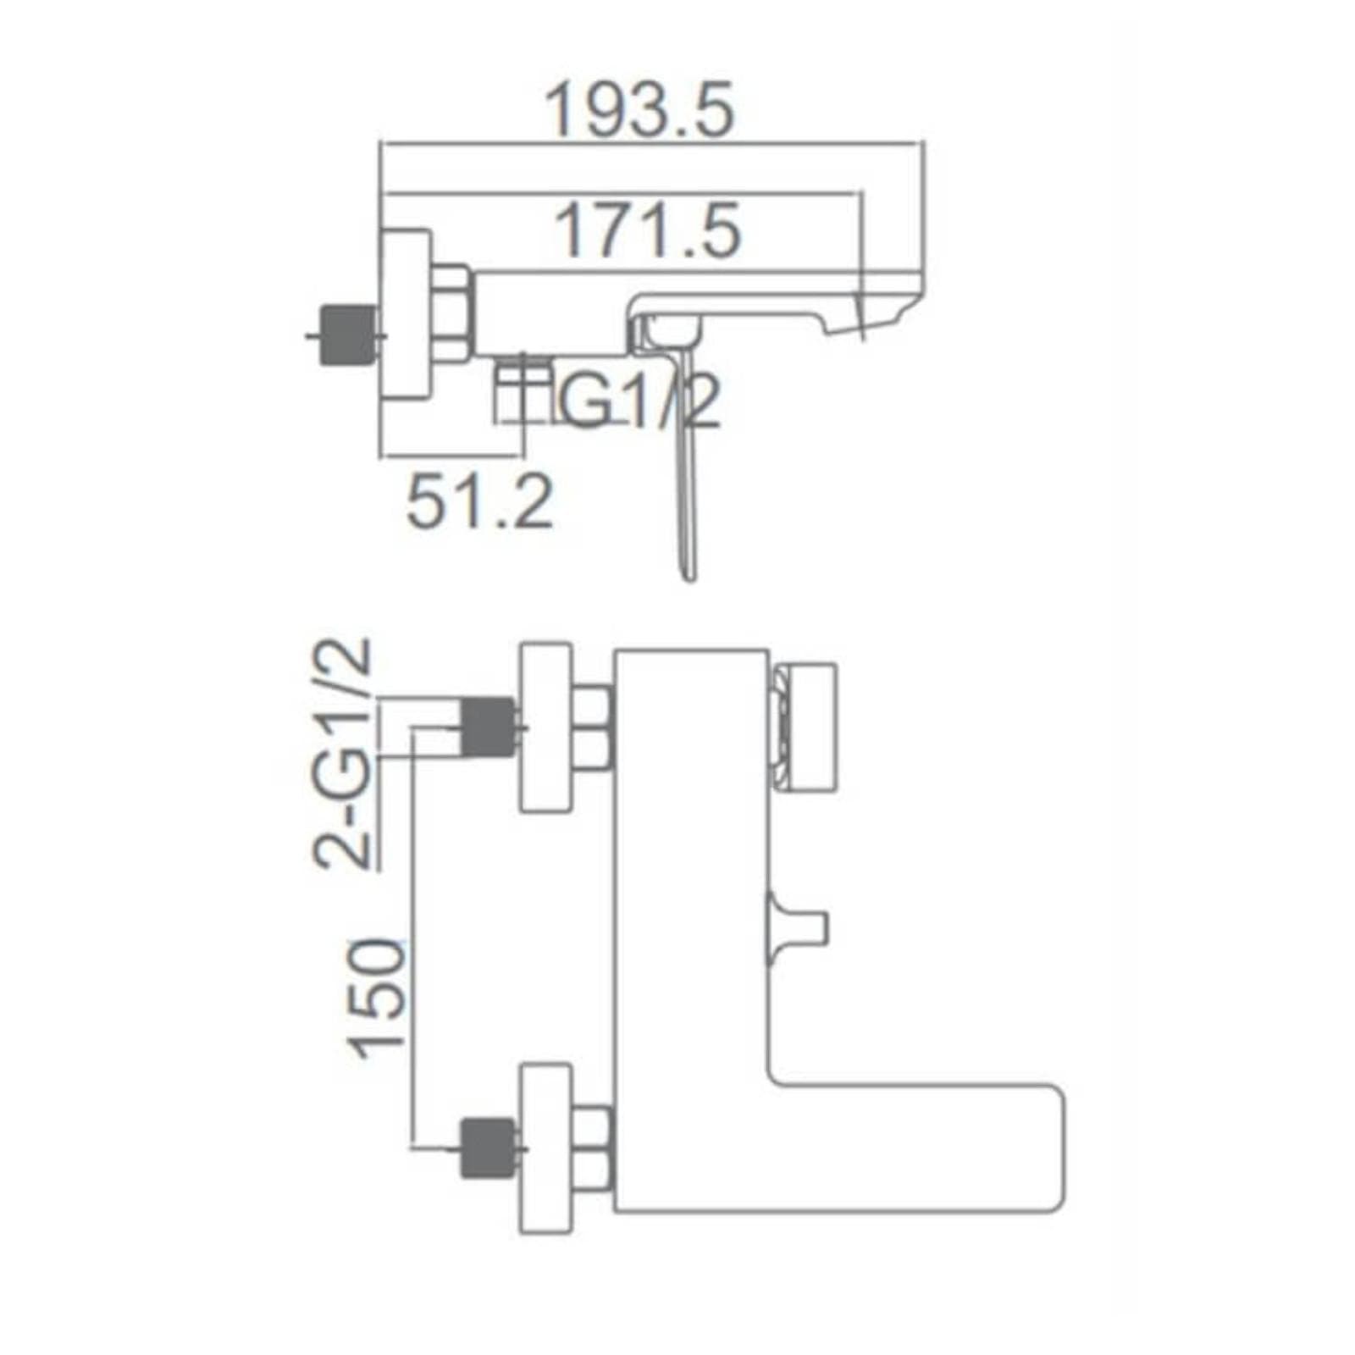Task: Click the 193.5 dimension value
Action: [639, 111]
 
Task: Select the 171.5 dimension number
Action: [647, 230]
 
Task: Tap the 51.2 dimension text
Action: [479, 501]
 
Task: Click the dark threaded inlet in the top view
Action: [349, 334]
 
